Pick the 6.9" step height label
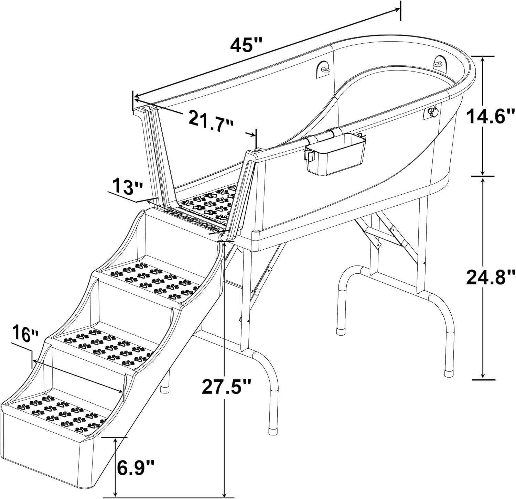[x=135, y=468]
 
